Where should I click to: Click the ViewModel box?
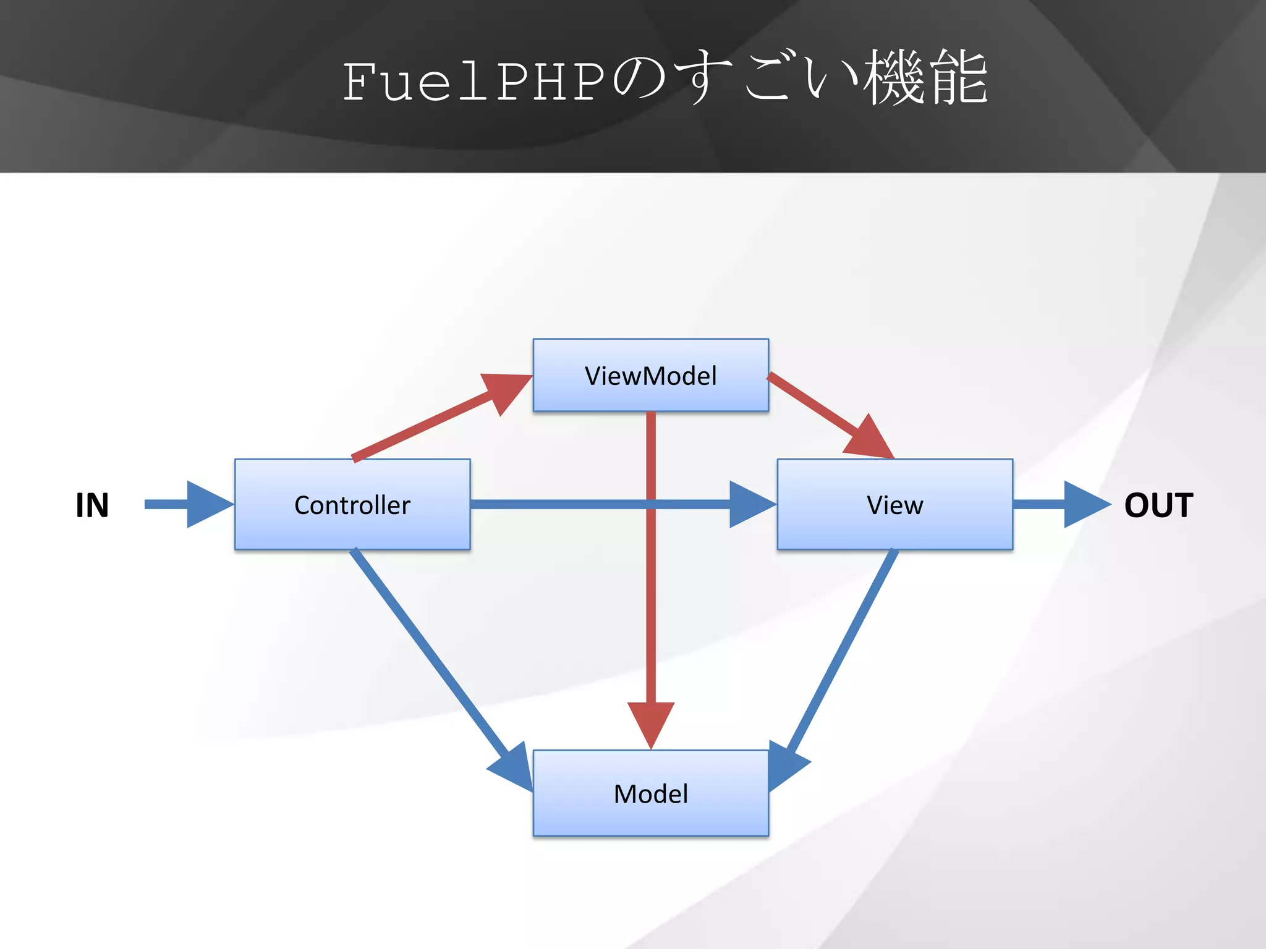[650, 375]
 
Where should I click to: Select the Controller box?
[352, 504]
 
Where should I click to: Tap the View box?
[894, 504]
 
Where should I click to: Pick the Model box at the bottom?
[650, 793]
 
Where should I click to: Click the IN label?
[92, 505]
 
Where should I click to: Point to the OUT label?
[1158, 505]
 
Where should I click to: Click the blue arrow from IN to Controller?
[185, 504]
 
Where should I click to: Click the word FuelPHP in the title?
[473, 82]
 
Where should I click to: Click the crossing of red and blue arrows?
[651, 504]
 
